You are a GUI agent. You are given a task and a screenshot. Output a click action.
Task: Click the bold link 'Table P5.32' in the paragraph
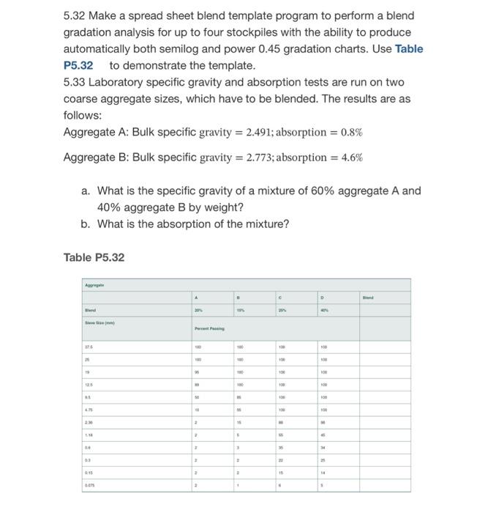pos(408,48)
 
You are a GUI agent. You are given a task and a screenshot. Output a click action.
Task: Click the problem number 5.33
pos(75,82)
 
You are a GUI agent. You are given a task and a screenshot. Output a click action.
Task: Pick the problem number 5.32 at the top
pos(75,15)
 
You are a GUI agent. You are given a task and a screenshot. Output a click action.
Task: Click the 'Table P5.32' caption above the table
pos(94,257)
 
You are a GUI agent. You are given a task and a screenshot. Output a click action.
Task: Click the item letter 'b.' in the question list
pos(86,224)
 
